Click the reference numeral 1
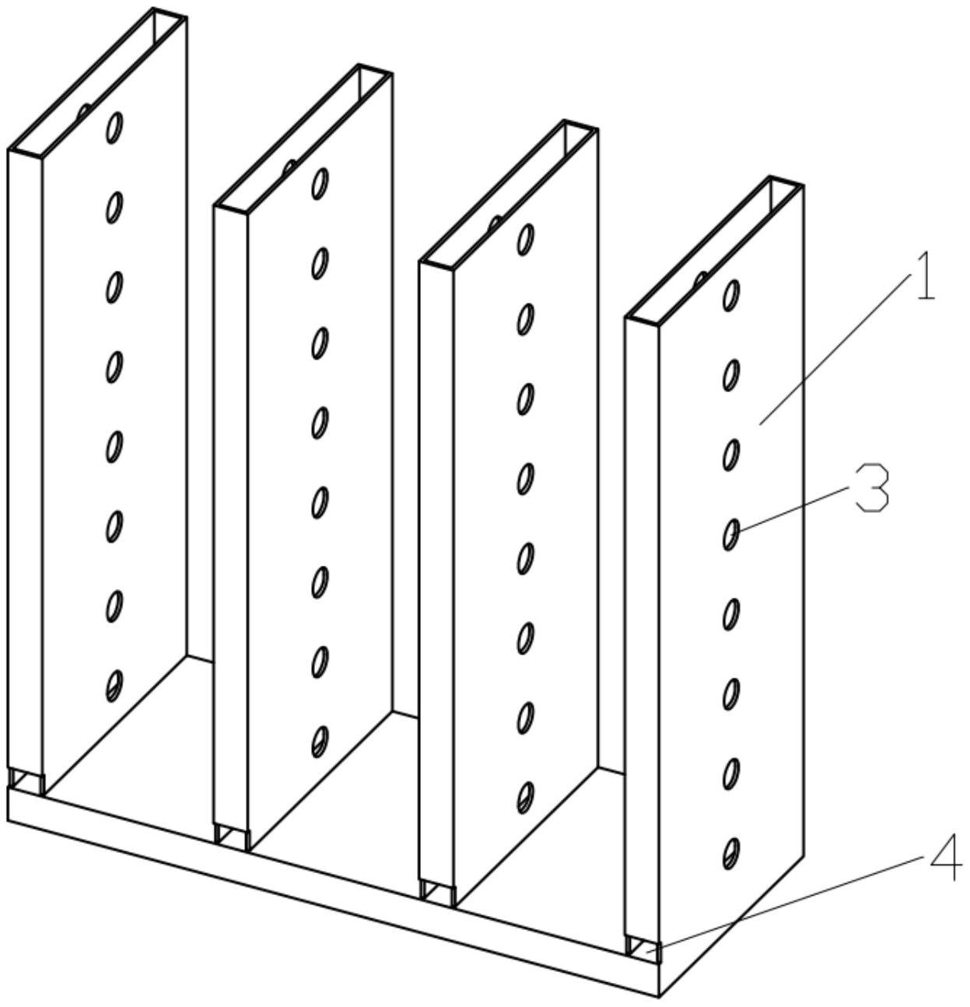(926, 283)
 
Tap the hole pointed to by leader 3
(731, 535)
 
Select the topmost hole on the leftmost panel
(115, 128)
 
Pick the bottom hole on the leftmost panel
(114, 686)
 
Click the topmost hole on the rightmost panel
(731, 296)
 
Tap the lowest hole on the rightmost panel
(731, 854)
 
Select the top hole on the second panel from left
(320, 183)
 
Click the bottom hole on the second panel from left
(320, 742)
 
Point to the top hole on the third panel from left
(526, 239)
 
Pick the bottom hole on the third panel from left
(526, 798)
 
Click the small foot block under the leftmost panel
(26, 781)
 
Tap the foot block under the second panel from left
(232, 837)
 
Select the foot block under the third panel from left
(438, 893)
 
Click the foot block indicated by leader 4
(643, 949)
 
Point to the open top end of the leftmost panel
(97, 82)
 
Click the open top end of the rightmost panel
(714, 251)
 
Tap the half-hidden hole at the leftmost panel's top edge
(84, 111)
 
